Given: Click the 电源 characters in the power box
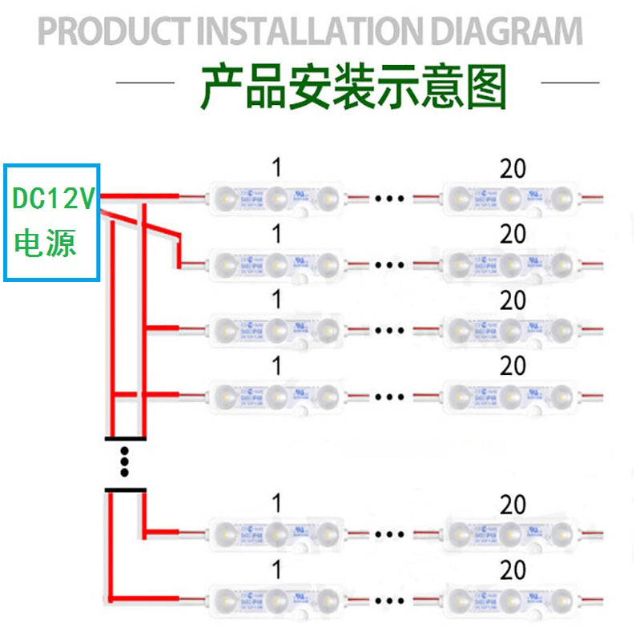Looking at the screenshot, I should click(x=46, y=243).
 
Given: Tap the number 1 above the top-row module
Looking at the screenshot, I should click(x=277, y=168).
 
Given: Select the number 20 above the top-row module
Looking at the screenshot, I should click(x=513, y=168).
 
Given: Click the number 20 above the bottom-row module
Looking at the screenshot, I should click(x=513, y=570).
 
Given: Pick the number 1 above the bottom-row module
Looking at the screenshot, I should click(x=277, y=570).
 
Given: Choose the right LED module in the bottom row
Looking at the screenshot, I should click(x=511, y=599).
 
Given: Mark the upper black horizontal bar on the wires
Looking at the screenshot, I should click(x=126, y=438).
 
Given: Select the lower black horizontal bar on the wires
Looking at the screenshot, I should click(x=126, y=489).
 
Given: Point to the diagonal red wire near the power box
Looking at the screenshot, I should click(x=140, y=223).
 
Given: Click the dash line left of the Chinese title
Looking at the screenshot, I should click(x=145, y=82).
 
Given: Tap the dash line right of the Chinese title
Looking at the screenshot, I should click(x=570, y=82).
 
